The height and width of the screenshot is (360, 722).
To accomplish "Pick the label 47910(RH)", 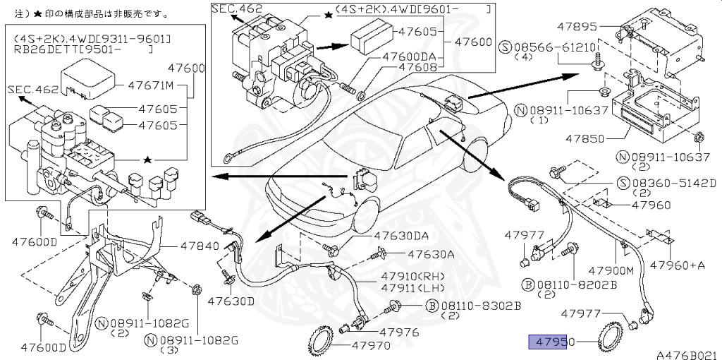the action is pyautogui.click(x=412, y=277).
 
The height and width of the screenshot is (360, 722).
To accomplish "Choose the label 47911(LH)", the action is pyautogui.click(x=412, y=289).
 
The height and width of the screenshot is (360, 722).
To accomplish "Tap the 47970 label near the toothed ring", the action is pyautogui.click(x=371, y=344).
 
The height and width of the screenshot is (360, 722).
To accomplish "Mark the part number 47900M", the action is pyautogui.click(x=611, y=271).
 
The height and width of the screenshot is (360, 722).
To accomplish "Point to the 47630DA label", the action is pyautogui.click(x=400, y=236).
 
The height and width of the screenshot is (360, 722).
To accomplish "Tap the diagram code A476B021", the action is pyautogui.click(x=688, y=354).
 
